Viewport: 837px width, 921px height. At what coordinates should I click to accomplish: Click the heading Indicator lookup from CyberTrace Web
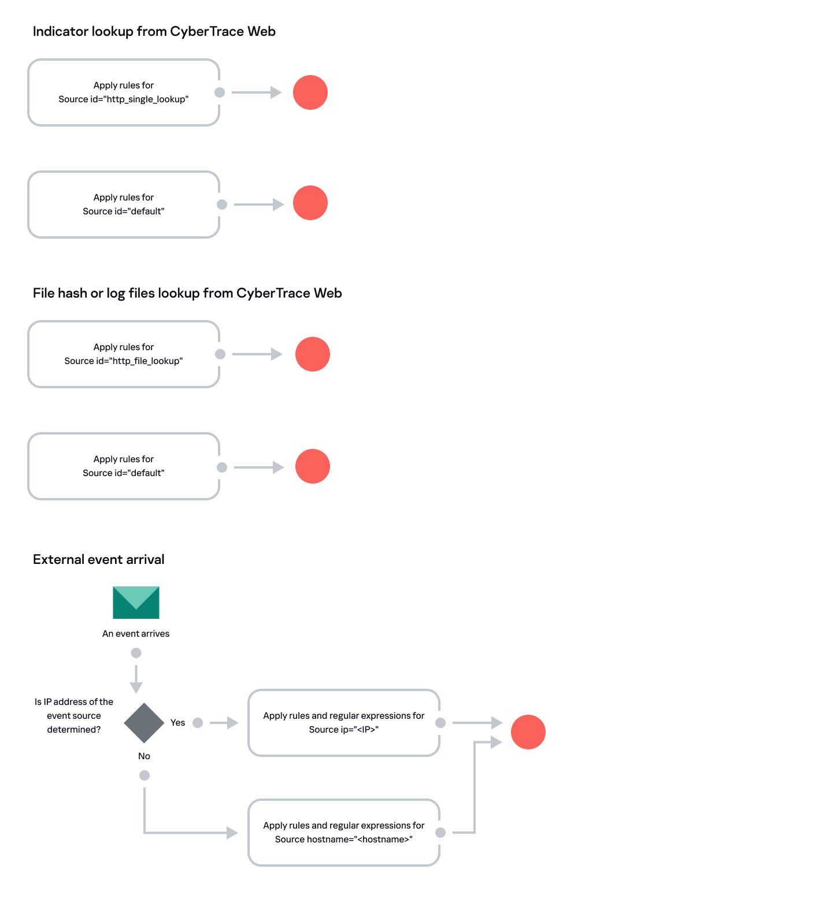click(154, 31)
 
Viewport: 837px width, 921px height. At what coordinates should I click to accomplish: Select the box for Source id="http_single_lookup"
click(124, 92)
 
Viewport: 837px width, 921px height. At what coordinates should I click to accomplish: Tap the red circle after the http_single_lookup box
click(310, 92)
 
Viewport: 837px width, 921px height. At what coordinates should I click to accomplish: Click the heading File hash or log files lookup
click(187, 293)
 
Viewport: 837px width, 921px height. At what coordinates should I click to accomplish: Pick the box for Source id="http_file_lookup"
click(124, 354)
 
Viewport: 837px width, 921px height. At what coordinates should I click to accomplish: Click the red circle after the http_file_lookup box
click(313, 354)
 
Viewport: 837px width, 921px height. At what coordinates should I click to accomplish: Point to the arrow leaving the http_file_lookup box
click(257, 354)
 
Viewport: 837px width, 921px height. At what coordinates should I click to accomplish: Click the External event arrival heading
click(99, 559)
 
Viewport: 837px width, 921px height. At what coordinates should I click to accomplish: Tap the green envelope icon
click(136, 603)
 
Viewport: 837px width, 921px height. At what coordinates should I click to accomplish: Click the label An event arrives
click(136, 634)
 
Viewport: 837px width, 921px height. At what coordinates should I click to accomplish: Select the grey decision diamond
click(145, 723)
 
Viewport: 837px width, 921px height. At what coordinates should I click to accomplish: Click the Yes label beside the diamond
click(177, 723)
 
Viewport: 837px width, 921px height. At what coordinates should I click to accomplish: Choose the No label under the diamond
click(144, 756)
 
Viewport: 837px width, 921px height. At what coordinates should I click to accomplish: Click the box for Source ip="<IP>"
click(344, 723)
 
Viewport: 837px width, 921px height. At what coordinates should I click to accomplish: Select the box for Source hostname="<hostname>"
click(344, 833)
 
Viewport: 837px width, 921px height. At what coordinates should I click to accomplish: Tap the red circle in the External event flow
click(528, 732)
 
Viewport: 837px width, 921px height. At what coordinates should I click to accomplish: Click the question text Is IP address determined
click(74, 716)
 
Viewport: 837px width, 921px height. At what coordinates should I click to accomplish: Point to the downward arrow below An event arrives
click(136, 679)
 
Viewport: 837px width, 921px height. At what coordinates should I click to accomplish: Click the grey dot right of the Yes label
click(198, 723)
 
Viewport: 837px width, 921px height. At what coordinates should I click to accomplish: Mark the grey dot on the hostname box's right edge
click(440, 833)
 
